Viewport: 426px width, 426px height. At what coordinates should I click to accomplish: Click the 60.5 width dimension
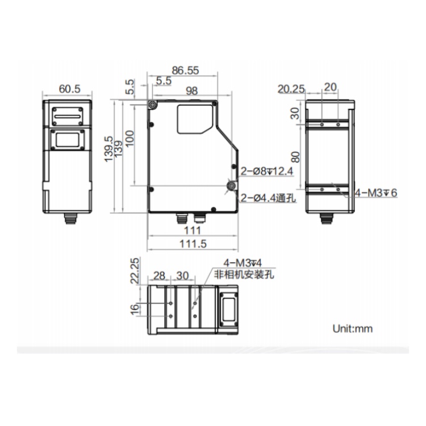(69, 89)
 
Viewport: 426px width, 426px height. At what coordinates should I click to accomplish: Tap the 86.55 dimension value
(185, 70)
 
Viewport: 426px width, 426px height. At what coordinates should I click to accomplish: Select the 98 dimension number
(191, 91)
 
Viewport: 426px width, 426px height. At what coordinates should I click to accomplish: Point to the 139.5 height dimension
(108, 149)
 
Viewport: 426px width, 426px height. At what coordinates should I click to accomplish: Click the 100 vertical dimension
(130, 138)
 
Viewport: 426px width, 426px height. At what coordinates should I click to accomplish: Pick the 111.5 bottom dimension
(193, 244)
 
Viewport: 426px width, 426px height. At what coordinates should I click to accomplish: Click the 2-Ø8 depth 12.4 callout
(267, 171)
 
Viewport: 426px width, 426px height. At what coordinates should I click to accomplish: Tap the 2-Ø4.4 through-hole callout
(268, 198)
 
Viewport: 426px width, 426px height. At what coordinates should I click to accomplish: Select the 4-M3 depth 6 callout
(376, 193)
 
